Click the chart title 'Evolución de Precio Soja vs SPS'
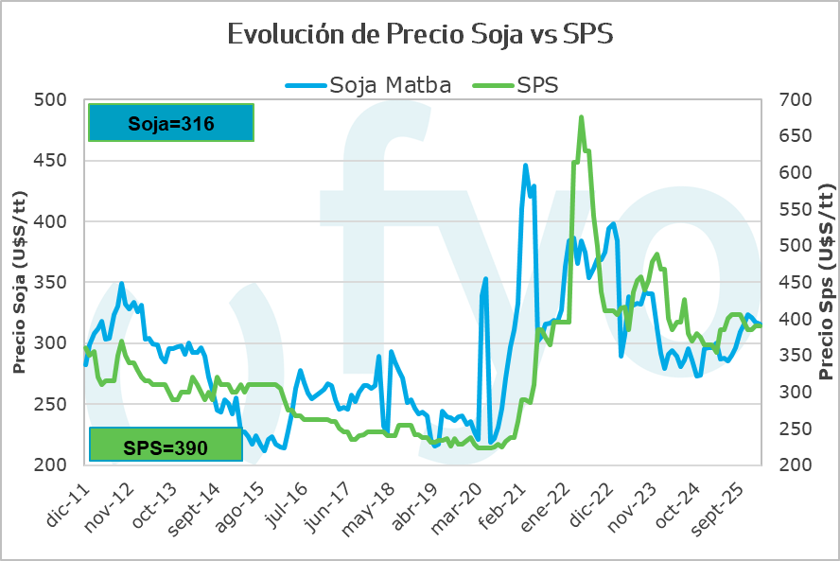(420, 34)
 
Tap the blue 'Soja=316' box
(170, 122)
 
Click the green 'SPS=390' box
(166, 445)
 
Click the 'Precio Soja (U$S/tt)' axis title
(19, 282)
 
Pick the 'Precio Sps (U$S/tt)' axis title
(826, 282)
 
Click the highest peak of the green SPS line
(581, 117)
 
